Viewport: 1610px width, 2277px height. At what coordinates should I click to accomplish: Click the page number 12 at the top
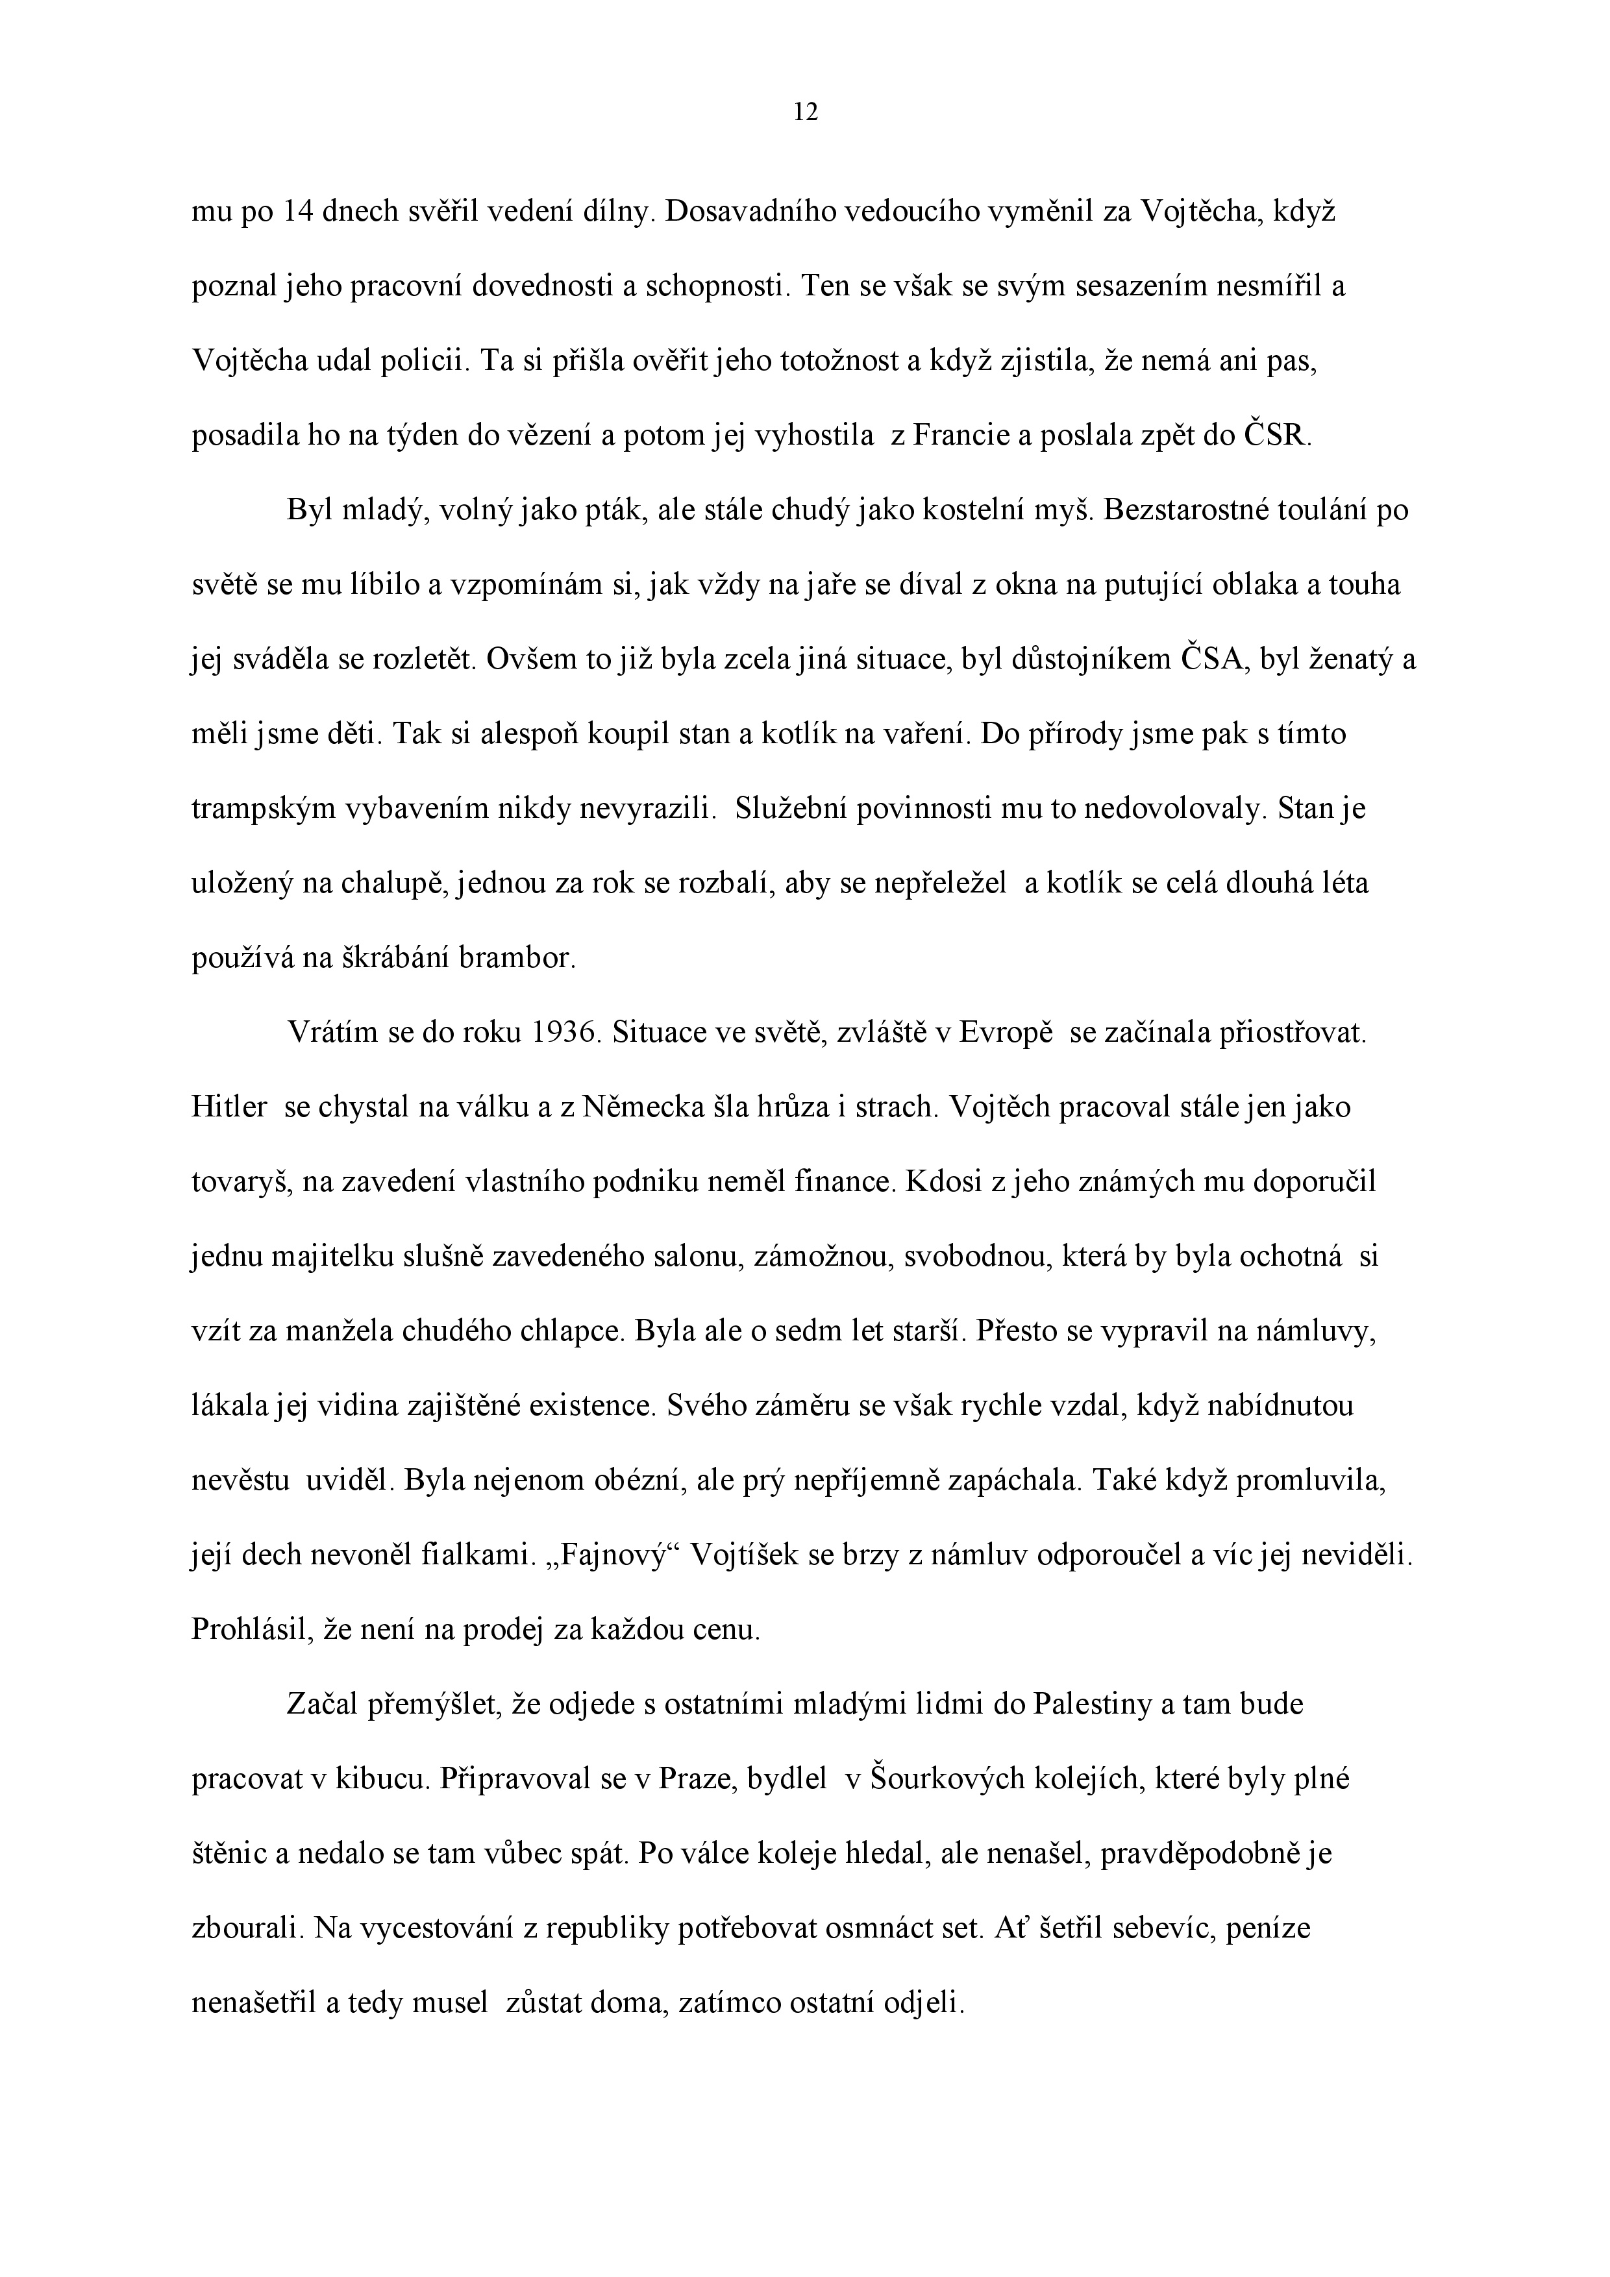[x=806, y=113]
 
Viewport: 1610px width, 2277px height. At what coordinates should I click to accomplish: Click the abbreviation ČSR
[x=1277, y=436]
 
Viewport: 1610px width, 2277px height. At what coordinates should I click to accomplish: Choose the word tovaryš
[x=241, y=1182]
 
